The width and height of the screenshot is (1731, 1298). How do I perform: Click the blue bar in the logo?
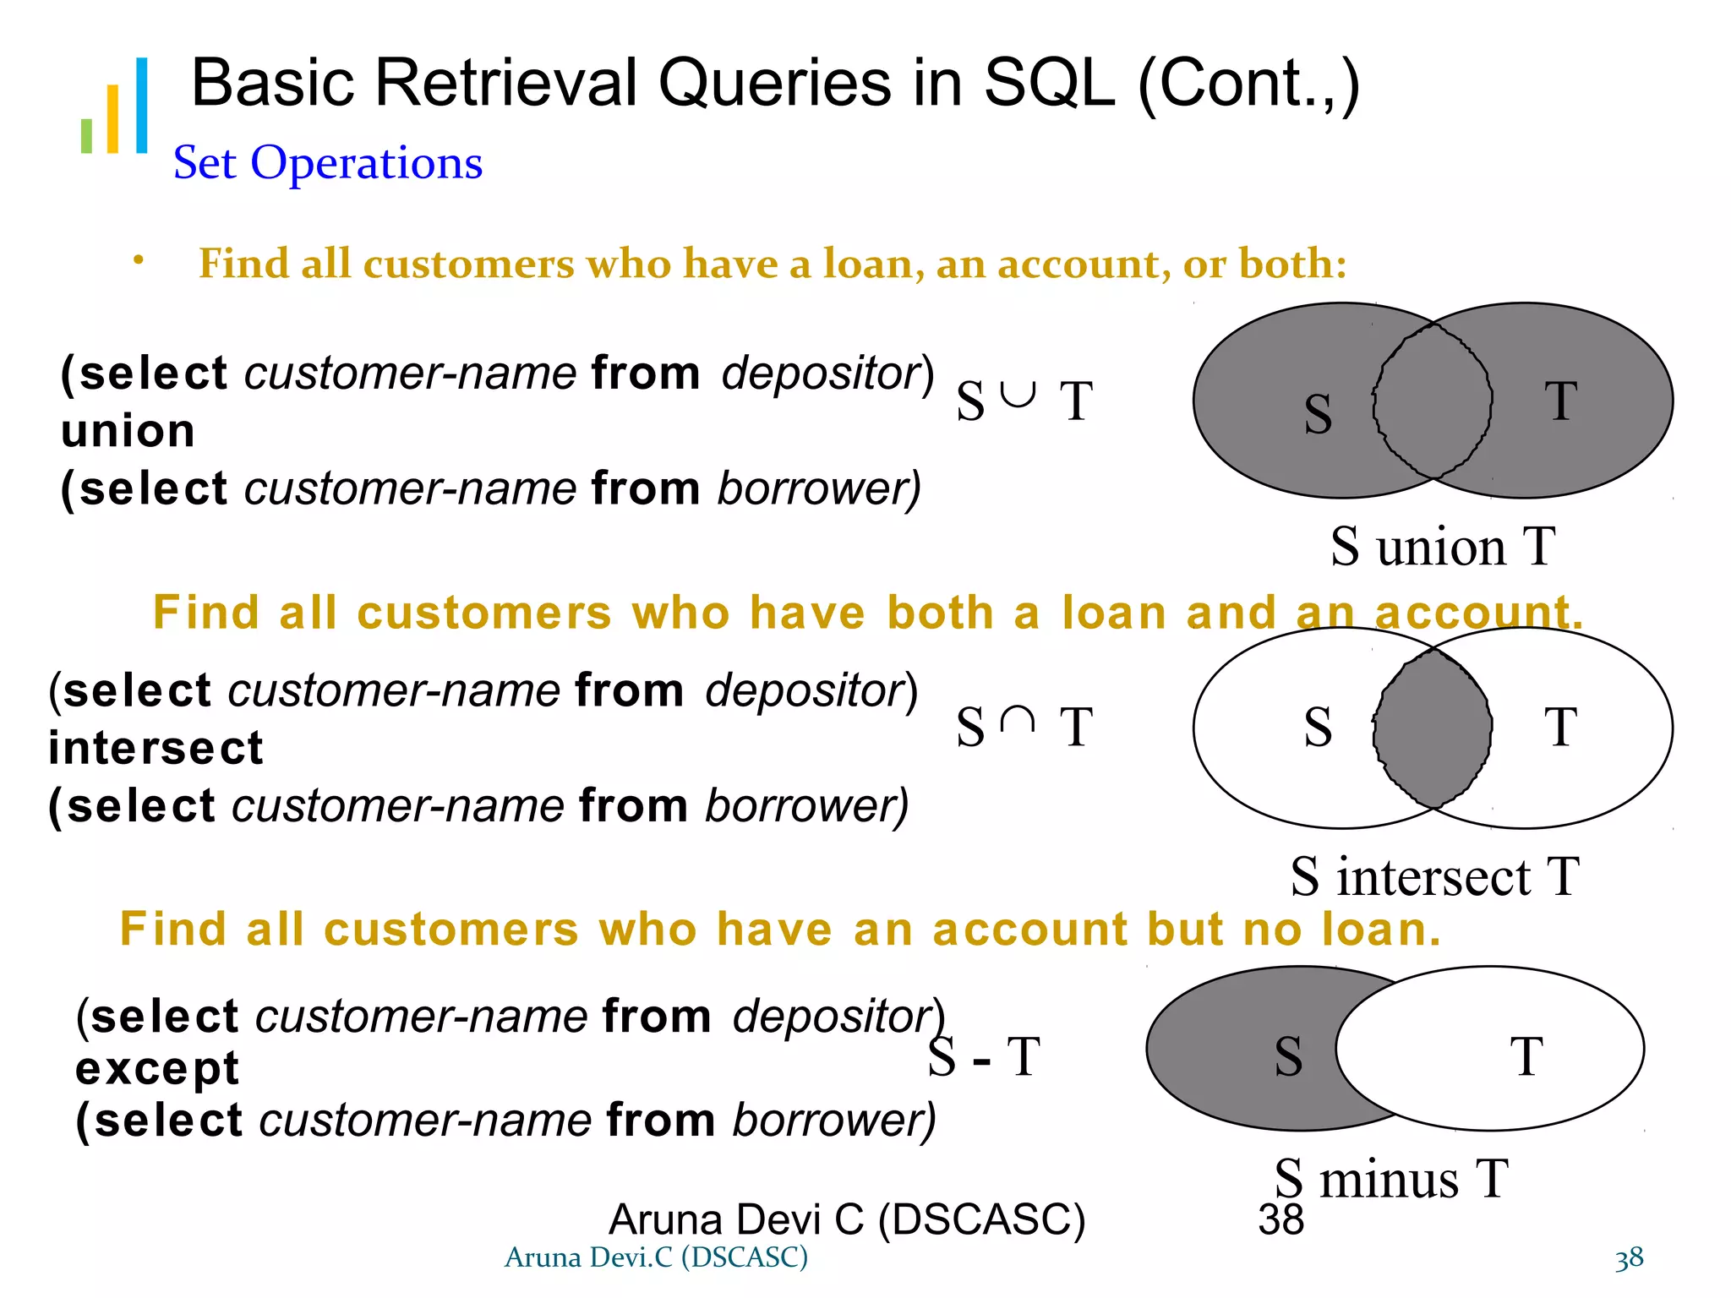141,106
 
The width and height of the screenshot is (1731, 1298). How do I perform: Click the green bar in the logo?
86,136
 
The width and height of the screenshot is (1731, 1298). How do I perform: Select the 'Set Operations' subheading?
328,162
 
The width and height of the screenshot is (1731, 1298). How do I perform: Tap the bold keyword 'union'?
128,431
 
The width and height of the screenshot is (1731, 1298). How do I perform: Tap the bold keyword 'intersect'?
156,748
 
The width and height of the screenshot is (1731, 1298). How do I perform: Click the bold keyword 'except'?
157,1068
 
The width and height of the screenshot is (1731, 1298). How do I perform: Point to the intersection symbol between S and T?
1017,720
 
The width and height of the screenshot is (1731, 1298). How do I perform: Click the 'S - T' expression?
984,1056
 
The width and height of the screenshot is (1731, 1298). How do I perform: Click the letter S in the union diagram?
1318,414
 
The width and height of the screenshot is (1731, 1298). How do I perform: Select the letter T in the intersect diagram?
1560,727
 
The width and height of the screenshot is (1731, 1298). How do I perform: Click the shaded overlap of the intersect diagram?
1433,728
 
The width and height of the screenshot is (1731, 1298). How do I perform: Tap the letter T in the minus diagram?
1526,1056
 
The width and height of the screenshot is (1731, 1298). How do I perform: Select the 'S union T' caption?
1442,546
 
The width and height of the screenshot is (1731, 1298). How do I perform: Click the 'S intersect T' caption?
1434,876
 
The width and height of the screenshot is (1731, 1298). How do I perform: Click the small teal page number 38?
1629,1258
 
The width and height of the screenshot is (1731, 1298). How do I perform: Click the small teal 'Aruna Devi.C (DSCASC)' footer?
656,1257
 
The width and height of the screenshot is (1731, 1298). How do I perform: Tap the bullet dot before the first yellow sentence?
138,261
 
